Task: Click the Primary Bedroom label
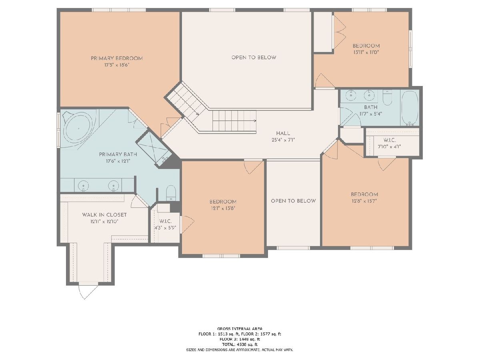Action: [x=117, y=58]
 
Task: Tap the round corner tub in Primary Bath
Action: [x=78, y=129]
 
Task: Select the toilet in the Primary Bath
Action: [x=171, y=193]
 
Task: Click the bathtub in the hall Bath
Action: [x=410, y=108]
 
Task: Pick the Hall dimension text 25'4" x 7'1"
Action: [x=283, y=140]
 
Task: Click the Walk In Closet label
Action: [x=104, y=215]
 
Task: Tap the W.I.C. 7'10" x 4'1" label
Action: [x=390, y=143]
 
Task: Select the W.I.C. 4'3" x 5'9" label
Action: [x=165, y=225]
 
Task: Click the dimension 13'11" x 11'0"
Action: [x=366, y=52]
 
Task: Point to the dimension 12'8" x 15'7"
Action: [x=364, y=201]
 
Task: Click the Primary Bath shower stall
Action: [x=154, y=149]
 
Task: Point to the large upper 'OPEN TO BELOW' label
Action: [x=254, y=58]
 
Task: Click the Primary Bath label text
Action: [x=118, y=154]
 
